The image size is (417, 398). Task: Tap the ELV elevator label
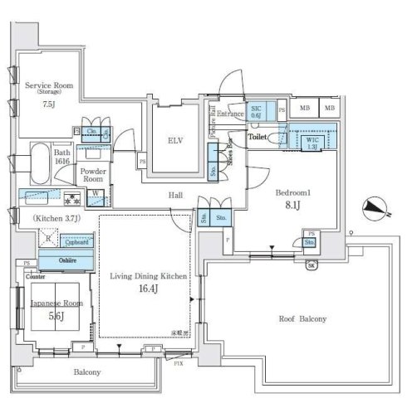175,140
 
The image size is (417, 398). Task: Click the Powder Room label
93,174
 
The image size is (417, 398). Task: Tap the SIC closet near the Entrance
258,112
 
